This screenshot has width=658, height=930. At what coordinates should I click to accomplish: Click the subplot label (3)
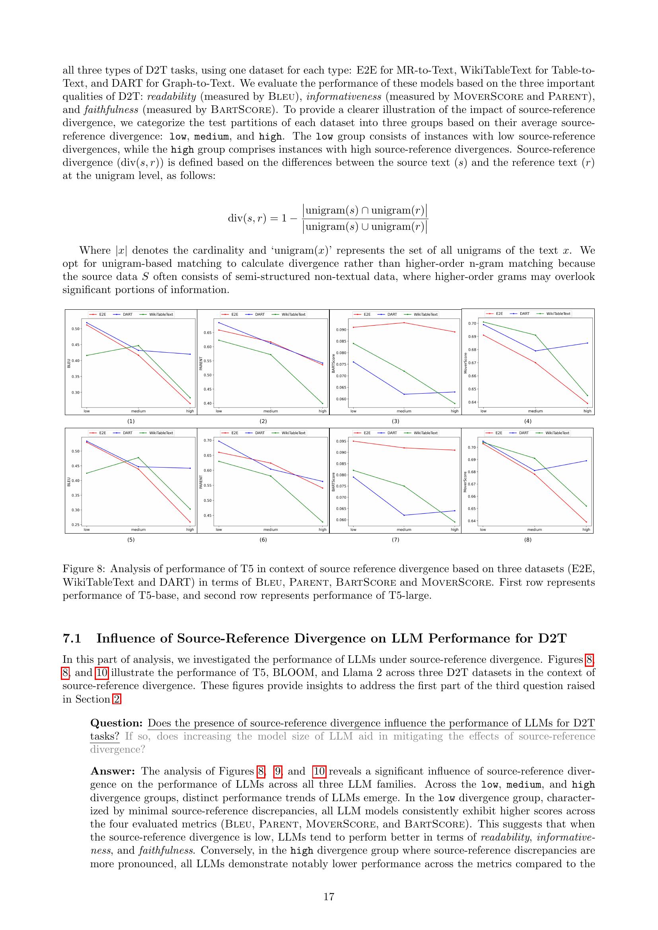(x=395, y=421)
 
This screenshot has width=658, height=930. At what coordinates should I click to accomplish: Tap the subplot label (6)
(x=263, y=540)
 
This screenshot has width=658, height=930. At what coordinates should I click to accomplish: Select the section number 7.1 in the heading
(x=72, y=639)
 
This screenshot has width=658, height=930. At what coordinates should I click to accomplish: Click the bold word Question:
(x=116, y=723)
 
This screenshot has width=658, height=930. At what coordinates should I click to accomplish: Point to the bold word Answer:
(x=113, y=771)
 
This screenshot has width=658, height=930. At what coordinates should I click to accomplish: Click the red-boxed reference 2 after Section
(x=116, y=699)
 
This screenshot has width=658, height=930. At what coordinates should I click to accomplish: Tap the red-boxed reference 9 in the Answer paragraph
(x=278, y=771)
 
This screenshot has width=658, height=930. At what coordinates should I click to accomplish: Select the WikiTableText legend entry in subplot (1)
(x=161, y=315)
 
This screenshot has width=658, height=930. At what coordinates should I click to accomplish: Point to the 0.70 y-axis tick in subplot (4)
(x=473, y=323)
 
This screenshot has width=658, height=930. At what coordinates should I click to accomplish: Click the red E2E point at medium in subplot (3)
(x=404, y=322)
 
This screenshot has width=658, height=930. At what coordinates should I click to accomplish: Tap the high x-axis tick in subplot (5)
(x=190, y=529)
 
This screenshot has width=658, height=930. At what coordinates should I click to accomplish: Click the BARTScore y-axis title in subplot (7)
(x=333, y=482)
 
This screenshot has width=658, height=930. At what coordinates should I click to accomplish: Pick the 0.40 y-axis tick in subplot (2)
(x=207, y=404)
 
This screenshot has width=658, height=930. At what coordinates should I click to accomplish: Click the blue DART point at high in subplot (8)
(x=586, y=460)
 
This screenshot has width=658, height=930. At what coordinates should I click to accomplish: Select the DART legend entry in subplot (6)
(x=260, y=433)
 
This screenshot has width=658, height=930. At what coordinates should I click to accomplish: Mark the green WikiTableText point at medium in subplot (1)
(x=138, y=346)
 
